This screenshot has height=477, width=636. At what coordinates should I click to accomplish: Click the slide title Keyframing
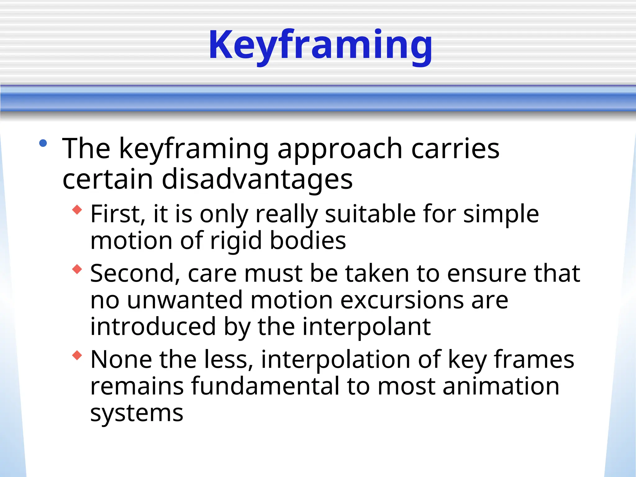320,45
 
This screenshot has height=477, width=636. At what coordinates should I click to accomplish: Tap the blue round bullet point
43,143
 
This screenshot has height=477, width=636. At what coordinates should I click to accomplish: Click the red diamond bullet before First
77,210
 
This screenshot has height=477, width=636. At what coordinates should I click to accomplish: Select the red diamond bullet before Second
77,269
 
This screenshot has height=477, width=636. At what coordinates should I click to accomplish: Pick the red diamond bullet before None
77,355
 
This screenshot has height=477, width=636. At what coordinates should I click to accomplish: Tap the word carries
455,149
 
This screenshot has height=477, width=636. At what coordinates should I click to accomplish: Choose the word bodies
308,241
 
